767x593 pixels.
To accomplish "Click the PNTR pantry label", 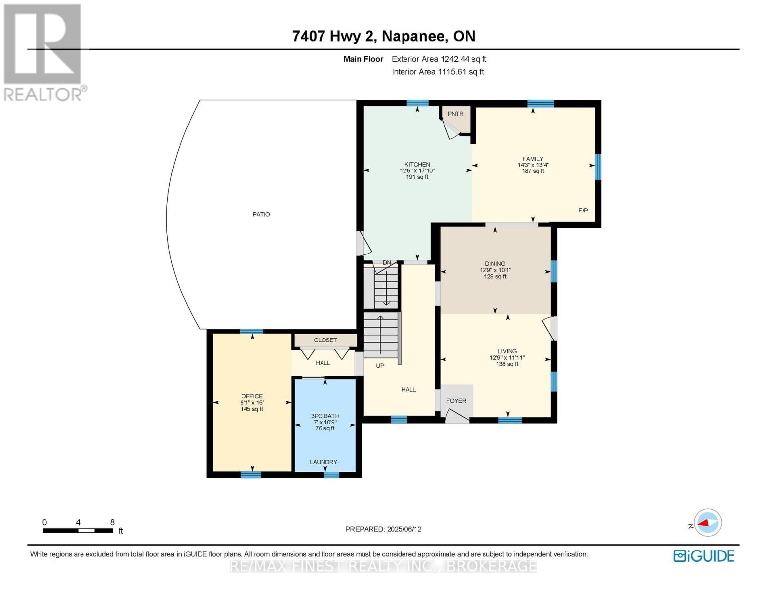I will (x=455, y=114).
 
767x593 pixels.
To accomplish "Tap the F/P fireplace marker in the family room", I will (x=583, y=210).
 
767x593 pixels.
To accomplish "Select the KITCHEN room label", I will (x=417, y=165).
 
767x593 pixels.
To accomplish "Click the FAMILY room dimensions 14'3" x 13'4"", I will (x=533, y=165).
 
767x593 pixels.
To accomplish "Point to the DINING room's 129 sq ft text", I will (x=495, y=277).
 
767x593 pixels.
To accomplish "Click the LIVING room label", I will (x=507, y=351).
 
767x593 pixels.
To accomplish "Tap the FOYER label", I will (x=456, y=401).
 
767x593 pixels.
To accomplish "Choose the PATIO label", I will (x=261, y=214).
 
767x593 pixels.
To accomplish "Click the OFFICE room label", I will (x=252, y=396).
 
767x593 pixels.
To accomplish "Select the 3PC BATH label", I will (x=325, y=416).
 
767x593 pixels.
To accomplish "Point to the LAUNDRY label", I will (x=323, y=462).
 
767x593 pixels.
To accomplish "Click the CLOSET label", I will (x=325, y=340).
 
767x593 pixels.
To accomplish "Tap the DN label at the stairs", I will (x=387, y=262).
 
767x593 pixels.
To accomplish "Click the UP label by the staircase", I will (x=380, y=366).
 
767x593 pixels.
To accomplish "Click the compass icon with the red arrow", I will (x=708, y=522).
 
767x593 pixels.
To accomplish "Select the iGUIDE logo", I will (x=704, y=556).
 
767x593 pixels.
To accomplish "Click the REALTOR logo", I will (x=43, y=52).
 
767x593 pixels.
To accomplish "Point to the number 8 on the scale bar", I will (x=112, y=522).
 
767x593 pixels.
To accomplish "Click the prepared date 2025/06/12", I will (x=404, y=529).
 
